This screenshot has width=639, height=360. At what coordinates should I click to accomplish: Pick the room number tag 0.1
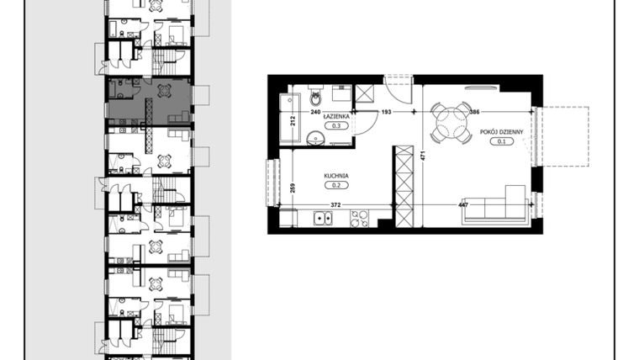(502, 141)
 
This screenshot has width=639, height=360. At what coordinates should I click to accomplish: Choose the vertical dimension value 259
(292, 188)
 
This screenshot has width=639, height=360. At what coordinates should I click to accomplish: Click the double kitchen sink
(322, 220)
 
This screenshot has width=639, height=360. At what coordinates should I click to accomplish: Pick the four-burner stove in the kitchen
(360, 220)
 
